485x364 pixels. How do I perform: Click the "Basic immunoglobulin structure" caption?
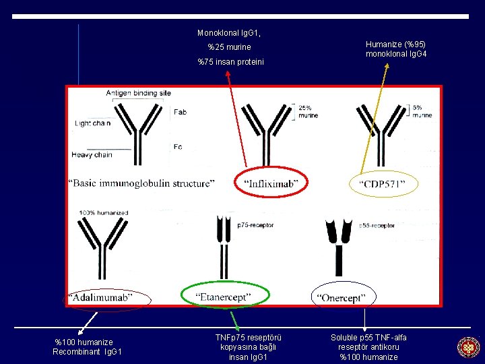tap(141, 183)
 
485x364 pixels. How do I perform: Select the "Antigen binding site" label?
tap(138, 93)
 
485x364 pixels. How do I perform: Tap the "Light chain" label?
tap(92, 123)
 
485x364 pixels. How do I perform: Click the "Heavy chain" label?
tap(92, 154)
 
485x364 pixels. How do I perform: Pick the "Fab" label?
tap(181, 112)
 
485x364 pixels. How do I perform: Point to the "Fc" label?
tap(177, 146)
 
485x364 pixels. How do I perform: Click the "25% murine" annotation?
tap(308, 112)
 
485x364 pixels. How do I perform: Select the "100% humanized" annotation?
tap(103, 213)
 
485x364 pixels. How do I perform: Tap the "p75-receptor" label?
tap(255, 225)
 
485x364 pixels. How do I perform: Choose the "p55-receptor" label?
tap(377, 225)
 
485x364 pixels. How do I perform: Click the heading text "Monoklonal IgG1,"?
tap(229, 32)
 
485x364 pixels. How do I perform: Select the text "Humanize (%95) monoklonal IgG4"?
tap(396, 49)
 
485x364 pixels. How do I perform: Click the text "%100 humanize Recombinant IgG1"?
tap(88, 346)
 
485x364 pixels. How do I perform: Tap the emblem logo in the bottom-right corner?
tap(468, 347)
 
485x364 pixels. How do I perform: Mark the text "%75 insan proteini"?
tap(230, 62)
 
